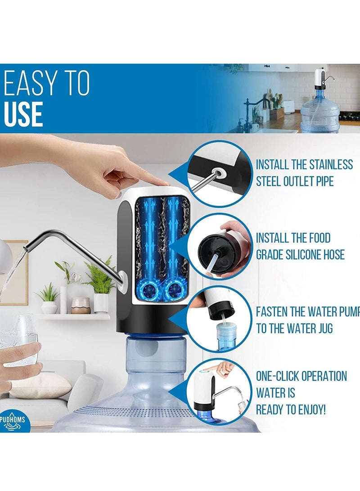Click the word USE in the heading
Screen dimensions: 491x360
(x=23, y=114)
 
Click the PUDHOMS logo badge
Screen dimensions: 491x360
(x=12, y=421)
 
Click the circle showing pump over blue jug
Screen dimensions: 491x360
(x=220, y=320)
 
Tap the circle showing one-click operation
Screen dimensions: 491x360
(x=220, y=391)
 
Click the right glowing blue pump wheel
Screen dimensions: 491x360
(x=173, y=289)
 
